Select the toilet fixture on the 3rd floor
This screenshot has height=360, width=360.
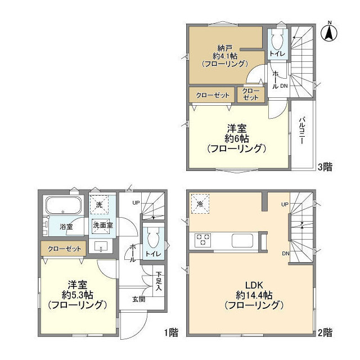point(277,40)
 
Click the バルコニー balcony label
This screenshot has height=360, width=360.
point(302,132)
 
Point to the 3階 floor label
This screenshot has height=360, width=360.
point(325,166)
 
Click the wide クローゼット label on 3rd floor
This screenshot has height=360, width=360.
point(212,95)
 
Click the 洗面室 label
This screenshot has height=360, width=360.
point(102,225)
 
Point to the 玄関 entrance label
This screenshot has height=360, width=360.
point(139,299)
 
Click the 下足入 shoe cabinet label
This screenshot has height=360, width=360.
point(159,280)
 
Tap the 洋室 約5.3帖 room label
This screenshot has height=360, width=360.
point(77,295)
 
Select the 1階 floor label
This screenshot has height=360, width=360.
point(172,332)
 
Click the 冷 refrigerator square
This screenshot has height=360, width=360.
point(200,203)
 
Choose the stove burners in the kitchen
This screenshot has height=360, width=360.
point(202,240)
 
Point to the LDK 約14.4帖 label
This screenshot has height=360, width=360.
point(253,295)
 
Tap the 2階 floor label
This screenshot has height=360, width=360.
point(325,332)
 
